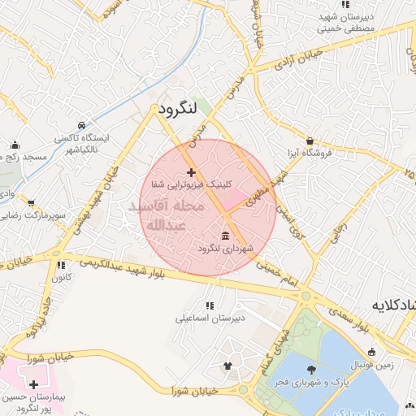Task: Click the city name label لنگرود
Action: [174, 108]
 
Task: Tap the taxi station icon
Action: [82, 126]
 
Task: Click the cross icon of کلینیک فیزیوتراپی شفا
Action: [192, 172]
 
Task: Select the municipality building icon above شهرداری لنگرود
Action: [224, 236]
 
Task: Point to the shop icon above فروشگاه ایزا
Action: [310, 141]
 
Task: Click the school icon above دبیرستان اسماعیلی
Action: [210, 305]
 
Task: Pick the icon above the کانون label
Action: [61, 265]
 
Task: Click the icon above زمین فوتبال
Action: [372, 353]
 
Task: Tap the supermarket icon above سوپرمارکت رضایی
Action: [32, 203]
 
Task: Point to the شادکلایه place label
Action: [392, 305]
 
